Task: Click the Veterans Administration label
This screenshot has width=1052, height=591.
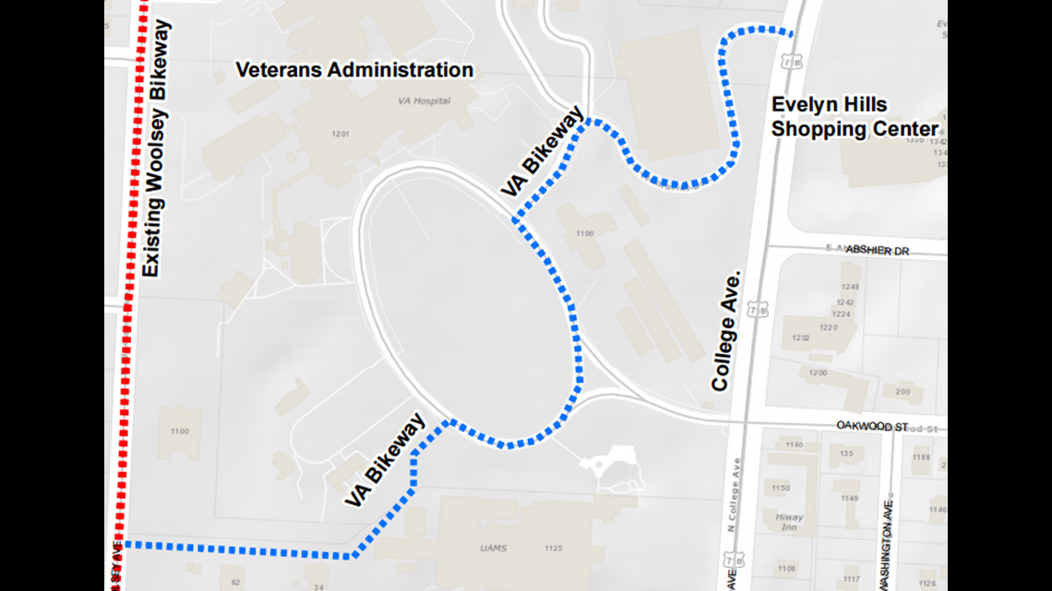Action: tap(354, 70)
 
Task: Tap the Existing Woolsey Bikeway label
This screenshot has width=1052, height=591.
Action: tap(159, 150)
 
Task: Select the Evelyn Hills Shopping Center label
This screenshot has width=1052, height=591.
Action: tap(854, 117)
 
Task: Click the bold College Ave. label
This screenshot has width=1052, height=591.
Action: tap(726, 330)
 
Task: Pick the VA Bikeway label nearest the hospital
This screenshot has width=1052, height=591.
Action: tap(543, 151)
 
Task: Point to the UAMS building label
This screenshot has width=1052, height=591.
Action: tap(493, 549)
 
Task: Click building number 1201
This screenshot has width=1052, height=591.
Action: tap(341, 135)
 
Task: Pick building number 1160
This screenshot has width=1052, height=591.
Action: tap(795, 444)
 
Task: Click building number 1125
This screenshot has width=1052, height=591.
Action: tap(554, 549)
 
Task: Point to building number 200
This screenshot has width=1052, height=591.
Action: tap(903, 392)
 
